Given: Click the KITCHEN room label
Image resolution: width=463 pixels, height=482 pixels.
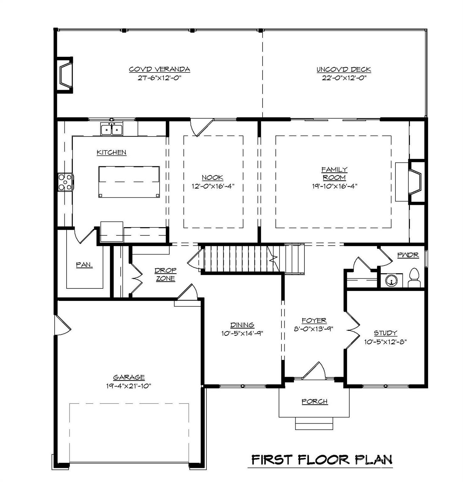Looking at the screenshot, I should (x=112, y=153).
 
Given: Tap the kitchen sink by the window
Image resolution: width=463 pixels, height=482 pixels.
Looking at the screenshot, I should (x=112, y=129).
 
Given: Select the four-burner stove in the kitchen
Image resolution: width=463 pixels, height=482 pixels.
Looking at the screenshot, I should (x=65, y=182).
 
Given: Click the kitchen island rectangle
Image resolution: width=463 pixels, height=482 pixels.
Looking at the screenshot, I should (x=129, y=182).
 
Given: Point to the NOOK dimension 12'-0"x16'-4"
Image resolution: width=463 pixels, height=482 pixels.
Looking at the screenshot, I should (x=213, y=186).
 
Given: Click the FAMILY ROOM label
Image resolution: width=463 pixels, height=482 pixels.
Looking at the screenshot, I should (x=334, y=174).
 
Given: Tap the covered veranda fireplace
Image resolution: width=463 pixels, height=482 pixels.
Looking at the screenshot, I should (x=66, y=75).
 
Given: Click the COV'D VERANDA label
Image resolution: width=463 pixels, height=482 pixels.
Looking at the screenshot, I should (x=160, y=69).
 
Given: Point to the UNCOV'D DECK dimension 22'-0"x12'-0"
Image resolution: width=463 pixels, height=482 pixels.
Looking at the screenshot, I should (x=344, y=78).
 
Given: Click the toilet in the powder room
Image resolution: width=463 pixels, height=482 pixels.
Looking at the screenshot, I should (x=414, y=278).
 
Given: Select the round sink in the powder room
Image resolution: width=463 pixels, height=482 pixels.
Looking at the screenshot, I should (x=391, y=280).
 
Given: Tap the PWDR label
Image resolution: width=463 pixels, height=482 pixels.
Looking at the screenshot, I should (x=408, y=255).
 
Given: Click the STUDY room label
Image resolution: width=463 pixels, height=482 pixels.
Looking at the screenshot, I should (x=385, y=333).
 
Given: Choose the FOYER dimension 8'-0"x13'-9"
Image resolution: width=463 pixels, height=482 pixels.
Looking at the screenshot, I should (x=314, y=329).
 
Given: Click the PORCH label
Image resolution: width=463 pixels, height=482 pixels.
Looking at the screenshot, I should (x=314, y=402).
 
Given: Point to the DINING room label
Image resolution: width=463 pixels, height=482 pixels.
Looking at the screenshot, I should (x=242, y=325).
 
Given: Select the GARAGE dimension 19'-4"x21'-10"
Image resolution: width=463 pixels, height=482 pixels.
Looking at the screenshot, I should (x=129, y=386).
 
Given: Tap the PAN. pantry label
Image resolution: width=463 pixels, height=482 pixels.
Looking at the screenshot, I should (x=84, y=265).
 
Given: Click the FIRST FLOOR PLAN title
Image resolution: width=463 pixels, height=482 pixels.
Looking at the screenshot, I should (x=322, y=460).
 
